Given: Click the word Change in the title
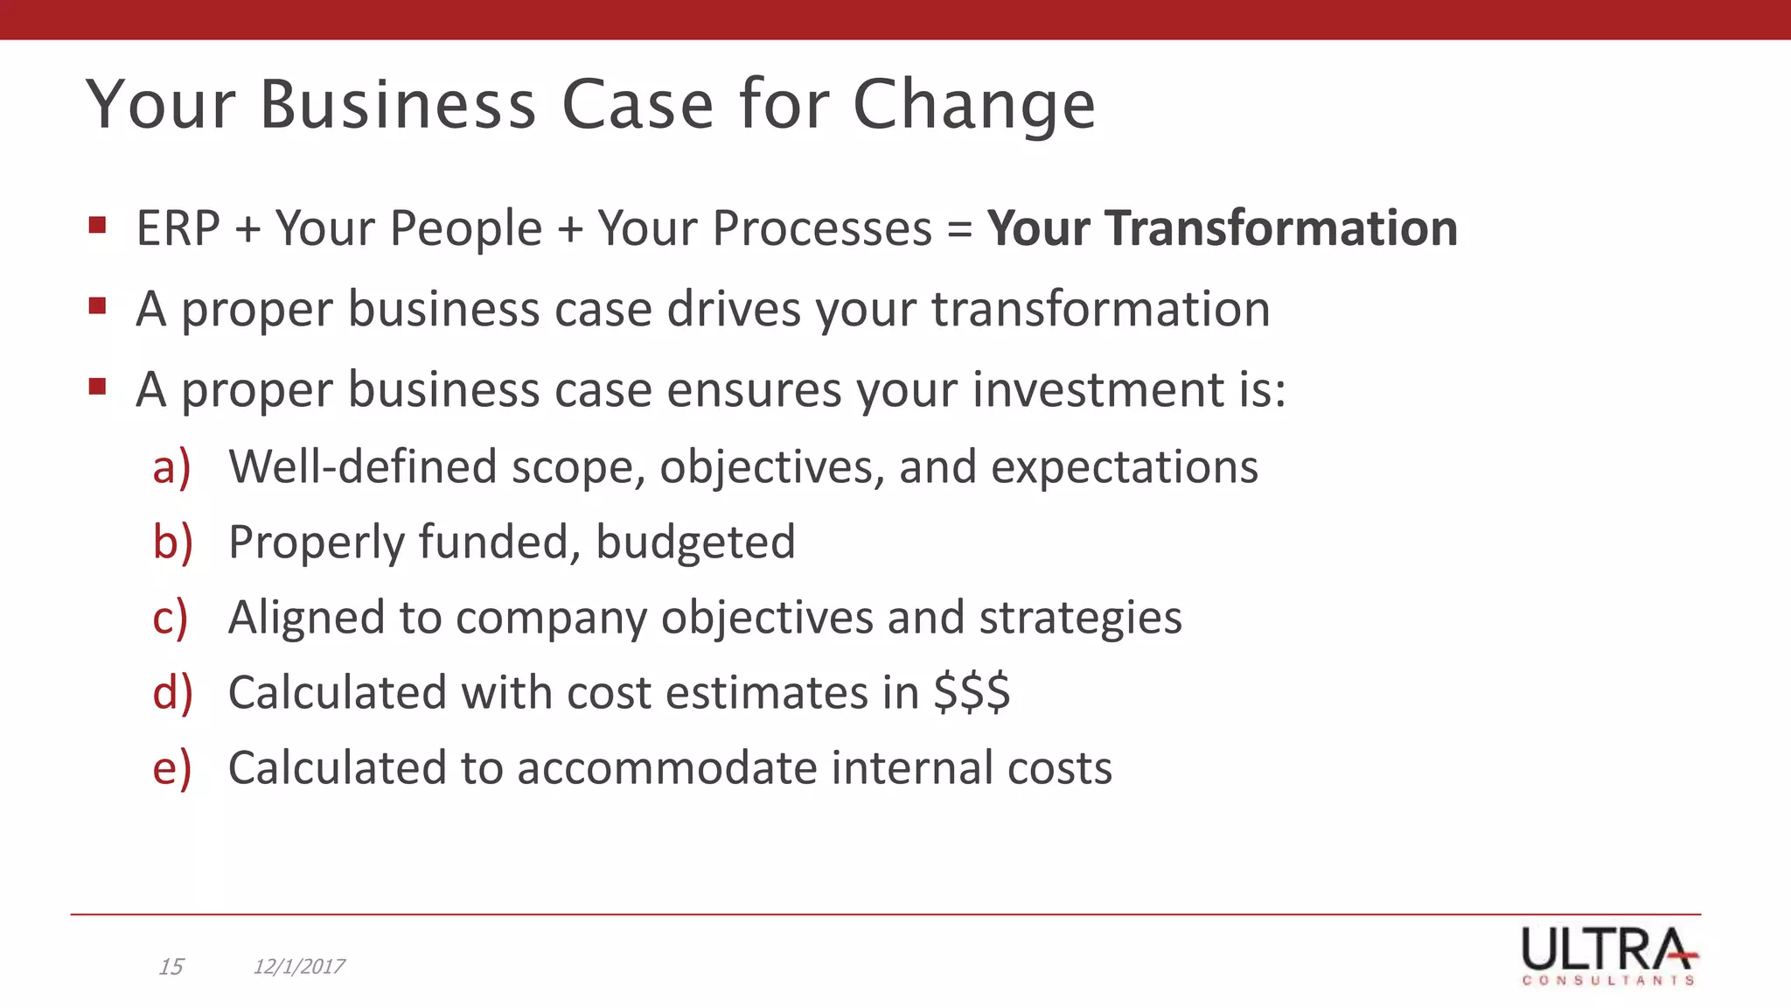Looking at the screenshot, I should click(973, 105).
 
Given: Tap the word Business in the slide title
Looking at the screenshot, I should click(398, 105).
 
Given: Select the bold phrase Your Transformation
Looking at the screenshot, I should click(1222, 228).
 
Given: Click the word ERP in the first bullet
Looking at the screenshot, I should click(178, 229).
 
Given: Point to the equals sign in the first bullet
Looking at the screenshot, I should click(959, 230).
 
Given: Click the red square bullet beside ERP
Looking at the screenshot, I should click(97, 227).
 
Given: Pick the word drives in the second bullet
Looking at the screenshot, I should click(734, 309).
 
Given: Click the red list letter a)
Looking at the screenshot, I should click(171, 466).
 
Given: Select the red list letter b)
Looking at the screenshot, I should click(172, 542).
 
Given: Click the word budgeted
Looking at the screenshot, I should click(695, 542).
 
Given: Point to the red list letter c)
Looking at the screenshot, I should click(171, 618).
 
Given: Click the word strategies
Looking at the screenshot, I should click(1080, 618).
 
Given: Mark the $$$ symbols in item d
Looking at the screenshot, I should click(972, 692).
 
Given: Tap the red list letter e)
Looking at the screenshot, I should click(171, 768).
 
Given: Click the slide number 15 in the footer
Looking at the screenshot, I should click(171, 966).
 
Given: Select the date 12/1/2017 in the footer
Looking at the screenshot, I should click(298, 966).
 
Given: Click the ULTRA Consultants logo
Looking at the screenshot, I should click(1608, 955).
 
